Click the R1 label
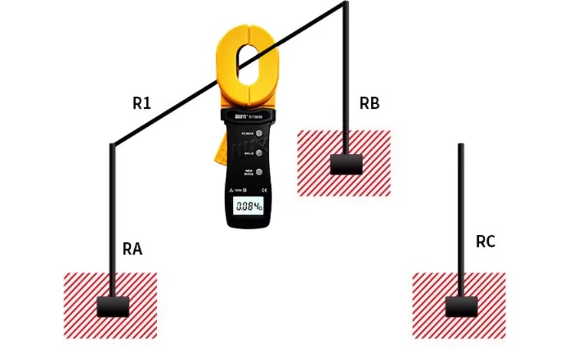click(142, 103)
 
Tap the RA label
click(132, 249)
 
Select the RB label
click(370, 103)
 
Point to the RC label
click(485, 242)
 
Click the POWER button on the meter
click(260, 134)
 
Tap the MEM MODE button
click(259, 171)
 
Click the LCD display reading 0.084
click(249, 207)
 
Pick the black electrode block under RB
click(346, 164)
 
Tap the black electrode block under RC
click(461, 306)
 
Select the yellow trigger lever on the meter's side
click(221, 152)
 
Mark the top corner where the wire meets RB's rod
click(345, 4)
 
